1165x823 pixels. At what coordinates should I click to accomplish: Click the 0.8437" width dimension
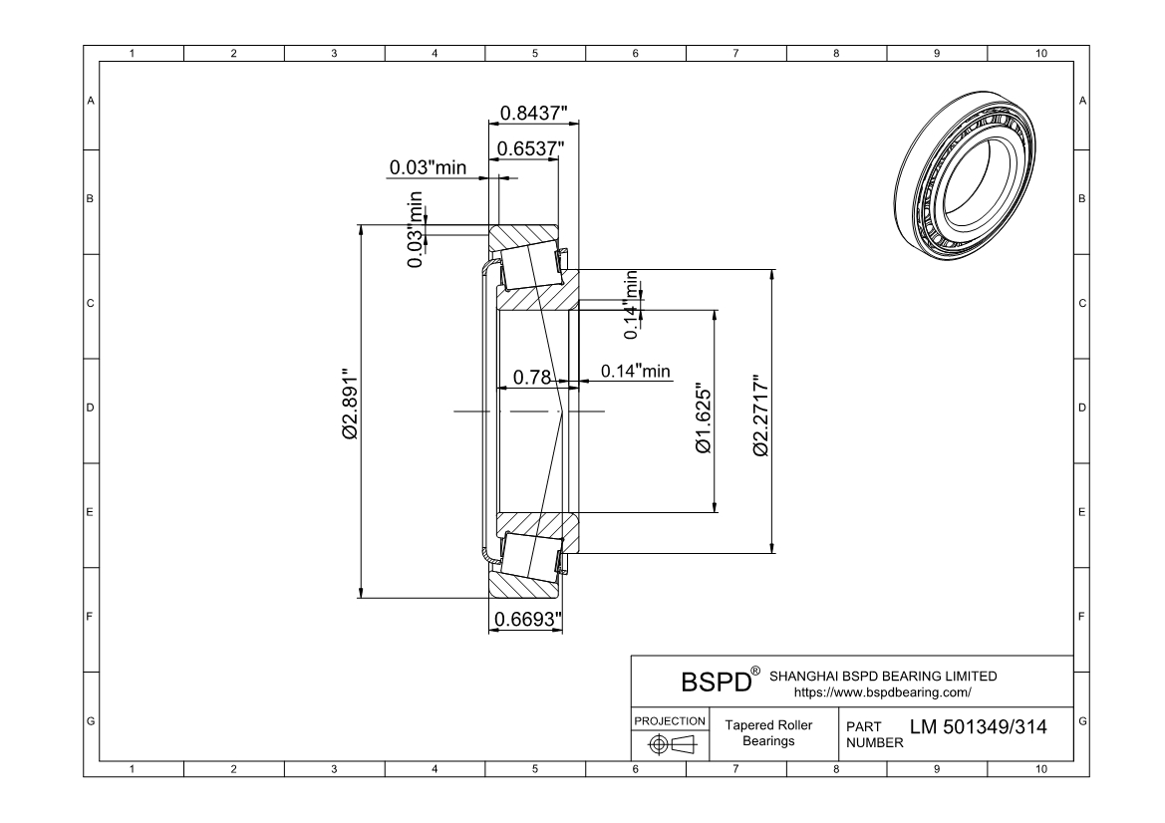pos(533,113)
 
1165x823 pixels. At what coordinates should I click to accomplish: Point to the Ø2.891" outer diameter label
pos(349,409)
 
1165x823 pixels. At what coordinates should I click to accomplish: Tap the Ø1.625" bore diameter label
pos(705,418)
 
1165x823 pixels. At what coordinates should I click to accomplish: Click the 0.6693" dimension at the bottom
pos(527,620)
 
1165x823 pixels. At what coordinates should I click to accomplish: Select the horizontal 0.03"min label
pos(428,167)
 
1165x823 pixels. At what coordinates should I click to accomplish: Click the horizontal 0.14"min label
pos(635,371)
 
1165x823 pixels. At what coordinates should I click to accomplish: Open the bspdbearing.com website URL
pos(882,691)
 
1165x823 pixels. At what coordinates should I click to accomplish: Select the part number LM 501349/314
pos(978,727)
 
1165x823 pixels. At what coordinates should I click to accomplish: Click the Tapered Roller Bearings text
pos(767,733)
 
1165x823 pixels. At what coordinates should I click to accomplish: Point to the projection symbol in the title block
pos(670,744)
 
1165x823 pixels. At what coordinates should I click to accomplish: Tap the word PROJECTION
pos(670,720)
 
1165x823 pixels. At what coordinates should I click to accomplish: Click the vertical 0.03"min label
pos(417,230)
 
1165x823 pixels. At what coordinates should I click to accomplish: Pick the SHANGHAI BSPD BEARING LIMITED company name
pos(883,677)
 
